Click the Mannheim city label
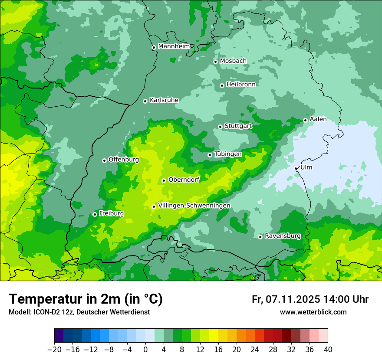[174, 46]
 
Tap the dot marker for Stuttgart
[220, 127]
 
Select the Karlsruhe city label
[164, 100]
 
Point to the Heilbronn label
[241, 84]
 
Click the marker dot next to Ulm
[296, 168]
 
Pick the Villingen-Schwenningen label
[194, 205]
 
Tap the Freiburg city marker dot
[95, 214]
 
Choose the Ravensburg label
[283, 236]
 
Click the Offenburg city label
[124, 160]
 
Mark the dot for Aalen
[305, 120]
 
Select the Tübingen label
[228, 154]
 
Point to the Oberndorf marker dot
[164, 180]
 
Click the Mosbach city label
[233, 61]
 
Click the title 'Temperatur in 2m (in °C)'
[86, 299]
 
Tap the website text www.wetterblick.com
[313, 312]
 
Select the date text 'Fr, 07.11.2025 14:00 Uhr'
[310, 299]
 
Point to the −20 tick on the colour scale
[54, 350]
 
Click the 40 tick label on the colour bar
[328, 350]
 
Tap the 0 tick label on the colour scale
[145, 350]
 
